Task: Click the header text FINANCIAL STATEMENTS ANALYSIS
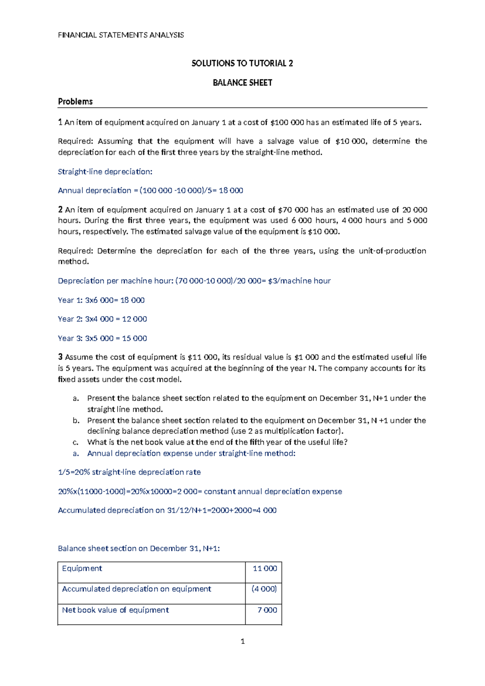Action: [x=121, y=35]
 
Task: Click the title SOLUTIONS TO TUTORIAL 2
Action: [x=242, y=63]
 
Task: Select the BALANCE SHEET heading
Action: [x=242, y=83]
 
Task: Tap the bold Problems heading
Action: [x=75, y=102]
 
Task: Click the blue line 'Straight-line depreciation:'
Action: [x=105, y=171]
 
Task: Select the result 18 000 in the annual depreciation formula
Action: [x=231, y=191]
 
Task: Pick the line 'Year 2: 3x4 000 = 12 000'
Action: [x=102, y=319]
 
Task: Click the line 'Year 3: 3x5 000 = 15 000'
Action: [x=102, y=338]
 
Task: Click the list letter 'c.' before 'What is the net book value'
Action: [x=76, y=443]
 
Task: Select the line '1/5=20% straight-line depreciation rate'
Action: [x=129, y=472]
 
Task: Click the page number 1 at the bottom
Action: [x=242, y=641]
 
